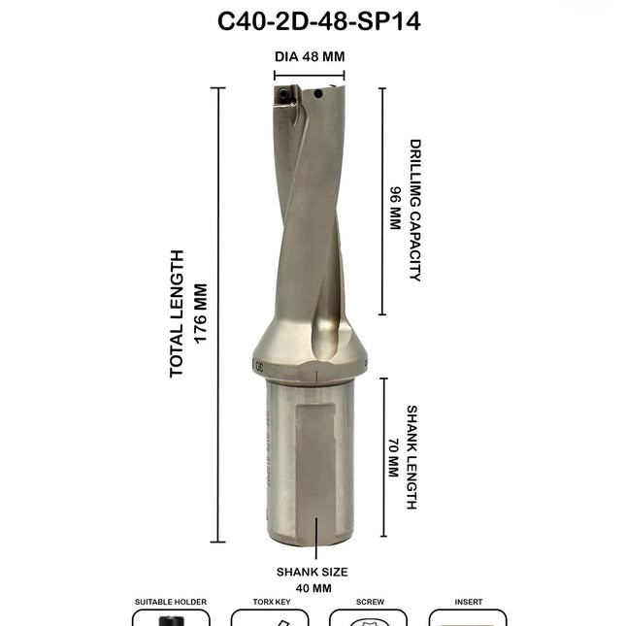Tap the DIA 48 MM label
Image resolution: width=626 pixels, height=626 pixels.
310,56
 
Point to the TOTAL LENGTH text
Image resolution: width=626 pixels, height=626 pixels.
177,313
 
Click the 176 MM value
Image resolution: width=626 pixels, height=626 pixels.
201,313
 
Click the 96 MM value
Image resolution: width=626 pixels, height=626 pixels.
395,208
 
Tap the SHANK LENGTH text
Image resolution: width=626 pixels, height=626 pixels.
412,457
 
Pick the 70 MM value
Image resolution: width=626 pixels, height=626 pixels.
393,457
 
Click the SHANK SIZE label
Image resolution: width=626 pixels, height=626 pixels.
312,572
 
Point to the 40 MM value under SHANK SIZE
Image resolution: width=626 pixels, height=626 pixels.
312,588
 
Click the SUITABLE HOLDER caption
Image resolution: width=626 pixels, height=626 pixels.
170,602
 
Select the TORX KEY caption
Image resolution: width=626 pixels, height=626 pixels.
270,602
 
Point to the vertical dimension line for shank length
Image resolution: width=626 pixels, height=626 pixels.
383,457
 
